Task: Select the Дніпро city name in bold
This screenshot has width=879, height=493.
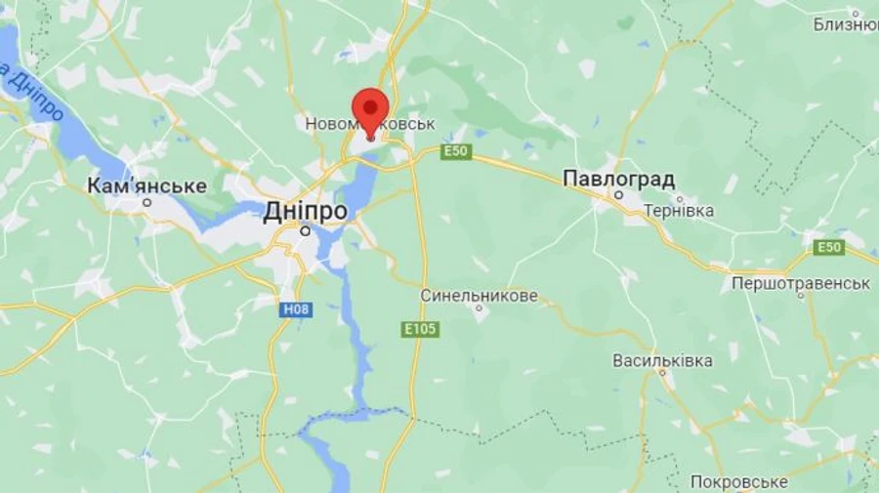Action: [305, 211]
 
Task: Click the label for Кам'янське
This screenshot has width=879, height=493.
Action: [146, 185]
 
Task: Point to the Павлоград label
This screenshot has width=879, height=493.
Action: [619, 179]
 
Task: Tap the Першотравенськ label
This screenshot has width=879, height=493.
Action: [801, 283]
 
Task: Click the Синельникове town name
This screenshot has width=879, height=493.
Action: [479, 295]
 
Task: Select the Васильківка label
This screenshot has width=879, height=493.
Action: [662, 360]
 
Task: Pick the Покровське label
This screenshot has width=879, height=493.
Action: [738, 481]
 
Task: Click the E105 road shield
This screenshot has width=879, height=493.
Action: [421, 331]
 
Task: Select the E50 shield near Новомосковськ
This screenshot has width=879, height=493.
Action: [456, 151]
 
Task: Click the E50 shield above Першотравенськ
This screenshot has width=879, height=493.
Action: [829, 247]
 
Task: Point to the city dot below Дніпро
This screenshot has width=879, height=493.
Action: [306, 231]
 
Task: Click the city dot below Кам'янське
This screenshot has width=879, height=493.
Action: [147, 202]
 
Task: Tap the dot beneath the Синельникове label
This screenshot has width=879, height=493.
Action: [480, 310]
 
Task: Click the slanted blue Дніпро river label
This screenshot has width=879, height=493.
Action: [35, 94]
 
